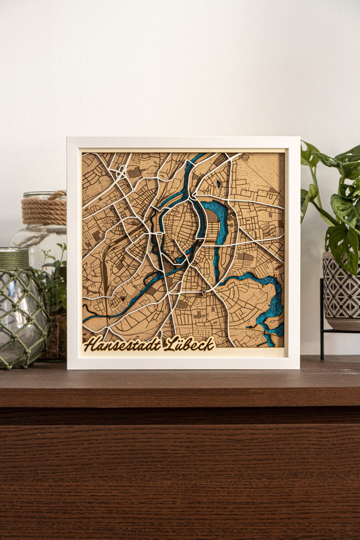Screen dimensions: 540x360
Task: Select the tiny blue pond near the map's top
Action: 218,183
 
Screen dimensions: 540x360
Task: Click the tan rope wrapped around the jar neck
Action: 44,208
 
